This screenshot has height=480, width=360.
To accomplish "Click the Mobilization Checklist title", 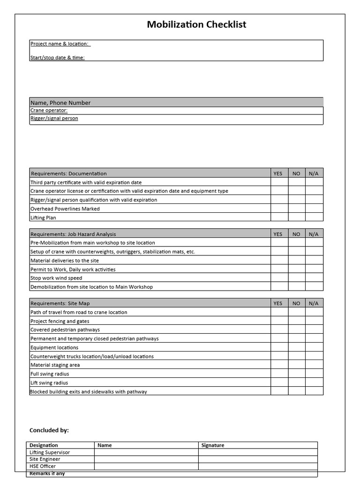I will click(x=196, y=24).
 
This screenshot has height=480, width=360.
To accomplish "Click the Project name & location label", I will click(x=60, y=44).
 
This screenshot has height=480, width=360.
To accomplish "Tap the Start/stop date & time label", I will click(x=58, y=58).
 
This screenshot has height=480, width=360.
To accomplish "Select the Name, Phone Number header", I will click(x=60, y=103).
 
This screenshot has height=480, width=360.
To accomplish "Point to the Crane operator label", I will click(x=49, y=111).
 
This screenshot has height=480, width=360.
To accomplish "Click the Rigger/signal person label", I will click(x=54, y=119).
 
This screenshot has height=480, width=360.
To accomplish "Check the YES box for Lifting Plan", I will click(x=279, y=217).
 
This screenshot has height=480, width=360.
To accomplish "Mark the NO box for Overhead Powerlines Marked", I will click(x=297, y=209).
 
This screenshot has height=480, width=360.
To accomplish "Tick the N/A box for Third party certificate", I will click(x=314, y=182).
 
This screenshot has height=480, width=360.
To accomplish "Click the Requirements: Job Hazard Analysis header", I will click(x=73, y=234).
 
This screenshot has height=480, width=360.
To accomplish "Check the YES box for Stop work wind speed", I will click(x=279, y=278).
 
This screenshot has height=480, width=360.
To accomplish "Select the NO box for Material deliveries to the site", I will click(x=297, y=260).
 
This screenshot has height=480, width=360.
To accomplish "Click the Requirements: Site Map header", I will click(x=58, y=303).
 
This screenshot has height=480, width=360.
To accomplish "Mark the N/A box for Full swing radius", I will click(x=314, y=374).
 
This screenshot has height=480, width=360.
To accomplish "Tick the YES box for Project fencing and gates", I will click(x=279, y=321).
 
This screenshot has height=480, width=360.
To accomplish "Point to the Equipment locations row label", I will click(x=54, y=347).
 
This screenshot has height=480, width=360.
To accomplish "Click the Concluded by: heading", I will click(x=49, y=430).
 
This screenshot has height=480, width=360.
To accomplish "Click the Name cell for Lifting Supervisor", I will click(x=146, y=452).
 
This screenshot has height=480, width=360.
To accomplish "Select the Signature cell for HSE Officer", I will click(x=258, y=466).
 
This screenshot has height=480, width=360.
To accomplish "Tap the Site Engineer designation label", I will click(x=45, y=459).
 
